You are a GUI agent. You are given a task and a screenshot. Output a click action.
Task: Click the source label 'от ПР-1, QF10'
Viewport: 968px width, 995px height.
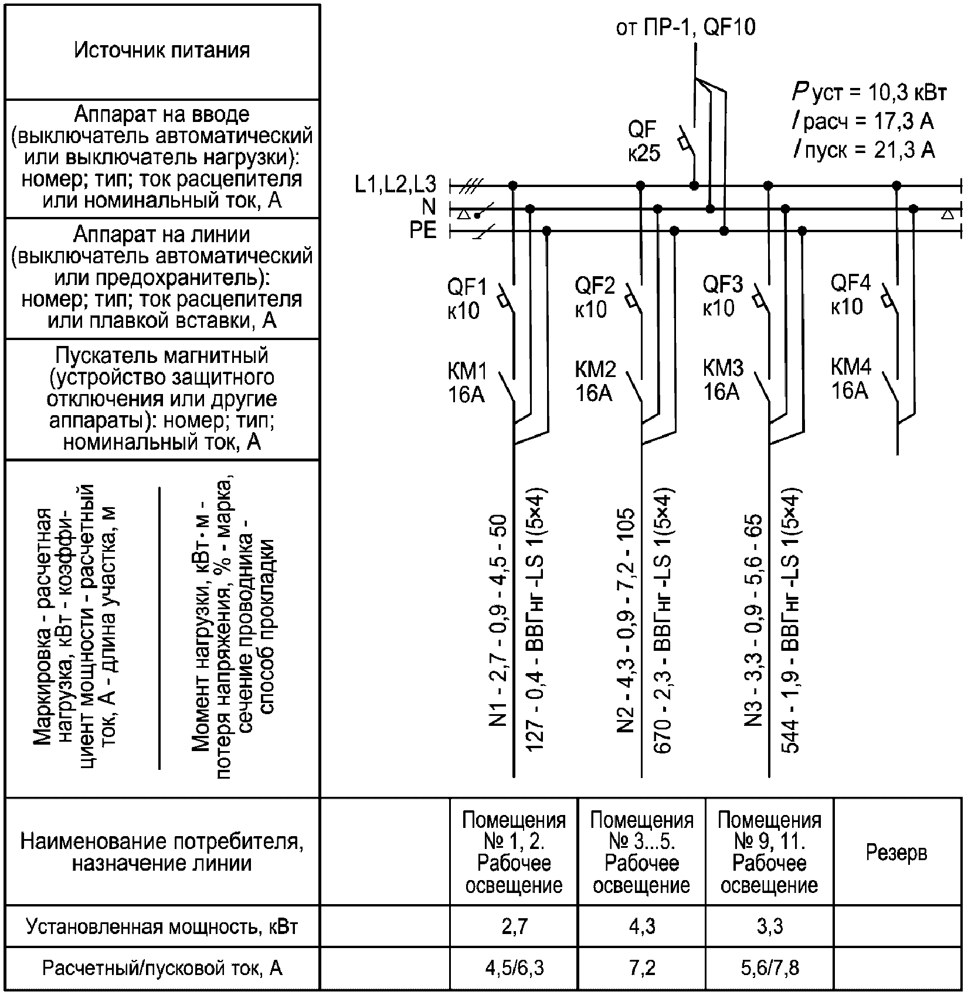pos(685,28)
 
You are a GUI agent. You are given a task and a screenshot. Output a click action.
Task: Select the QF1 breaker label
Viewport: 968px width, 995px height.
pos(466,298)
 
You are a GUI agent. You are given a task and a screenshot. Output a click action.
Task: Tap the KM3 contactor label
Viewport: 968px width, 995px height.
pos(722,379)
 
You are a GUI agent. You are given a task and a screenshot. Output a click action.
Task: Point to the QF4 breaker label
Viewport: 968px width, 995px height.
pos(850,295)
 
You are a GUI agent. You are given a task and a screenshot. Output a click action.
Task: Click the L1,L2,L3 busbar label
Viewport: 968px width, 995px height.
pos(396,185)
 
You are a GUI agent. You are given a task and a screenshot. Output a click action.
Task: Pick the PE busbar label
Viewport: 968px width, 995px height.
pos(423,230)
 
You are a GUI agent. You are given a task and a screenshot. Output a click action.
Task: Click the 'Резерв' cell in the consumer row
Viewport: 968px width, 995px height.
pos(896,852)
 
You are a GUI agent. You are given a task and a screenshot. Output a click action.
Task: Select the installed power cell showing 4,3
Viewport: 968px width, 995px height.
pos(641,926)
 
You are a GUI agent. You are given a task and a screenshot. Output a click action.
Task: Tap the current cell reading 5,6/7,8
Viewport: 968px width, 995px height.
pos(769,968)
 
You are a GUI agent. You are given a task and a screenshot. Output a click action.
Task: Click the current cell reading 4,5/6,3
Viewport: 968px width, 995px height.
pos(514,968)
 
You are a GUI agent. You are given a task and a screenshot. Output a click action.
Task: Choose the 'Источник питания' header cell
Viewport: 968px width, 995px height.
pos(162,50)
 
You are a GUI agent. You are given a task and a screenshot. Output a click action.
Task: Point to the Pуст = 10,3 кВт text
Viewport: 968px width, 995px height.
pos(869,92)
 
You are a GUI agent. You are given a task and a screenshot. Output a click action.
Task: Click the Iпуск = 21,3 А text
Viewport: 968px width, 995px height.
pos(864,151)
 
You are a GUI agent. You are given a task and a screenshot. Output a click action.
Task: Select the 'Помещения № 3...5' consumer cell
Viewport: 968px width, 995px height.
pos(641,852)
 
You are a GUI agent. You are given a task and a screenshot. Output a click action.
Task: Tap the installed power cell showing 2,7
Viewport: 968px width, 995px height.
pos(514,926)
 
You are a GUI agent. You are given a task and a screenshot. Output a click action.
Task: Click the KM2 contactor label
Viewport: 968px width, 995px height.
pos(595,381)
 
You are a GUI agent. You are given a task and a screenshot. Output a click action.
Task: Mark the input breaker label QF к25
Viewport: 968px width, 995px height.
pos(643,141)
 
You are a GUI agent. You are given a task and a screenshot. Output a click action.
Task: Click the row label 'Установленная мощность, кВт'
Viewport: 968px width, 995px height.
pos(162,926)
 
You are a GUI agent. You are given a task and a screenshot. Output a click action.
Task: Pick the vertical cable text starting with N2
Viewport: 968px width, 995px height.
pos(626,622)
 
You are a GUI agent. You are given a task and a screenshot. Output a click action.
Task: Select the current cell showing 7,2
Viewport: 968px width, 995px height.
pos(641,968)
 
